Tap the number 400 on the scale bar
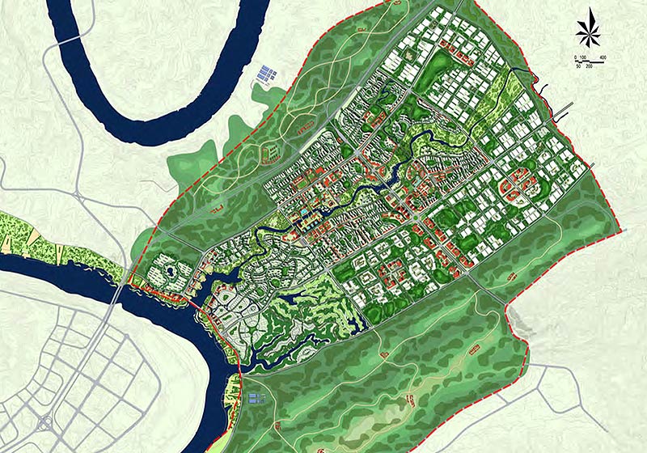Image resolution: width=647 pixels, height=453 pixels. [603, 57]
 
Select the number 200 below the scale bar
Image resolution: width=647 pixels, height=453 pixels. [590, 67]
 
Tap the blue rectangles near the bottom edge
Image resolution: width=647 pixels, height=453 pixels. [256, 399]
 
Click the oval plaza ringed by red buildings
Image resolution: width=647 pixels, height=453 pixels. [514, 187]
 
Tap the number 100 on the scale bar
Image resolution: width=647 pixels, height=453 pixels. [581, 57]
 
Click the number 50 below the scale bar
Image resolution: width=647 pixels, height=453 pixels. [578, 67]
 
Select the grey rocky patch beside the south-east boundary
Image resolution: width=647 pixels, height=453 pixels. [525, 324]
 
